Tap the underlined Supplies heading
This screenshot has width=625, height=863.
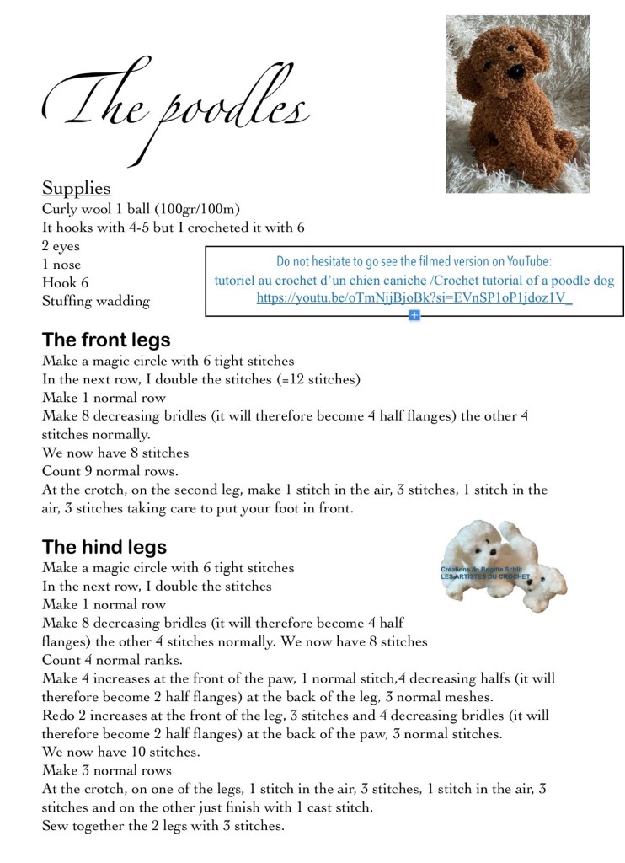point(77,187)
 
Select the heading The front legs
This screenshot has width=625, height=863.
point(106,340)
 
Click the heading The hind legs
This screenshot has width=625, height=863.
point(104,548)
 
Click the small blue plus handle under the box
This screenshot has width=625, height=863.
point(414,315)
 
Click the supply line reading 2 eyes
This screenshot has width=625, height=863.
point(61,246)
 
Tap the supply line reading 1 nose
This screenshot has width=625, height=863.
point(61,265)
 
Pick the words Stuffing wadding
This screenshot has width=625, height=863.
point(95,302)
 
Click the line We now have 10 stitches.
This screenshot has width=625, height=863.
point(115,753)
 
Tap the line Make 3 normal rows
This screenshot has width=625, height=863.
point(107,771)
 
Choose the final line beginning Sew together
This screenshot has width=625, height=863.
point(163,827)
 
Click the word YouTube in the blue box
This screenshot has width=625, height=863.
point(528,262)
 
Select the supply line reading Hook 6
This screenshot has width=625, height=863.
point(65,283)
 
